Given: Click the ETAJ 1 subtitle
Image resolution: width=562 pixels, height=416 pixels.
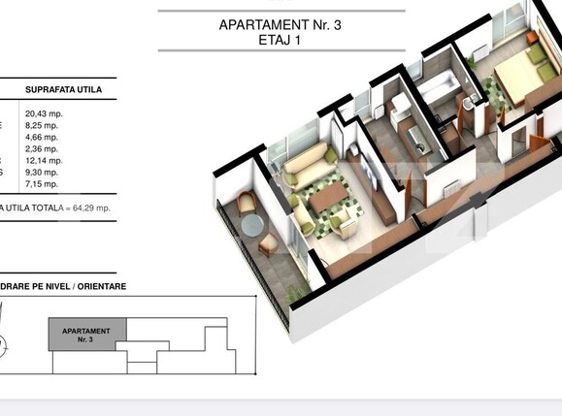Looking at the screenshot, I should [281, 41].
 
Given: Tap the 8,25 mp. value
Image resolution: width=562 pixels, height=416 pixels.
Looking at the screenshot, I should [41, 125].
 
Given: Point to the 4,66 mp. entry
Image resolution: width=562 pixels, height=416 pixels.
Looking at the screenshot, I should [41, 137].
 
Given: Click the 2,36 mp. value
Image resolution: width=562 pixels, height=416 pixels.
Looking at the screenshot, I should [41, 148].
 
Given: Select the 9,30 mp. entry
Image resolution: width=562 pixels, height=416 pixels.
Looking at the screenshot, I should [41, 172].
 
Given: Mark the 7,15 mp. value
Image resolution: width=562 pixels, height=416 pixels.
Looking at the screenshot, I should [41, 183].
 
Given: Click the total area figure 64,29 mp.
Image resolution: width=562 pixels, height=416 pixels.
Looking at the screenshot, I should [88, 207].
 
